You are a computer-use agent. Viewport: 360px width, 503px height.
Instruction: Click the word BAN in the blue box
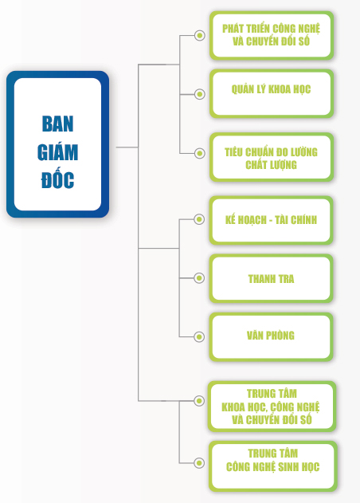(57, 124)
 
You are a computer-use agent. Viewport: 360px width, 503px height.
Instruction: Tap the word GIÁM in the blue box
(57, 152)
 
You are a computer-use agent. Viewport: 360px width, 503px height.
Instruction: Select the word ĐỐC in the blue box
(57, 179)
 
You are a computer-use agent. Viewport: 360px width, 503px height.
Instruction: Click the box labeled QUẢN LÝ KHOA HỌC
(272, 94)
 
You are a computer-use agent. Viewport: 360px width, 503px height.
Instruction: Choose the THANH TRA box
(271, 278)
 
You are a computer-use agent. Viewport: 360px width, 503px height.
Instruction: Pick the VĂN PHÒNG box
(271, 337)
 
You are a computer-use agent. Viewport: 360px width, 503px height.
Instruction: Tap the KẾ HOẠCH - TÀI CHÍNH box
(271, 220)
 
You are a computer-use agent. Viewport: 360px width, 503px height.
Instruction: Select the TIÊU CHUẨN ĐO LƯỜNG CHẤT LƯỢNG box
(272, 157)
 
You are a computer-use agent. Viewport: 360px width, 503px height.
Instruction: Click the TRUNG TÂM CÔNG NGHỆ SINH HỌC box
(272, 466)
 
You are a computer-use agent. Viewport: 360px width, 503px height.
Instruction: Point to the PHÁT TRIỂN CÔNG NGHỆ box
(272, 35)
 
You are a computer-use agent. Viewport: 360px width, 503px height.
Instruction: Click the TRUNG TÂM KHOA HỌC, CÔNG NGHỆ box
(272, 407)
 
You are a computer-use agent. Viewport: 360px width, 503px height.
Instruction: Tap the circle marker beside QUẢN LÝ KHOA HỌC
(200, 94)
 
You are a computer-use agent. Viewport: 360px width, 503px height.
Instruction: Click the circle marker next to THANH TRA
(199, 277)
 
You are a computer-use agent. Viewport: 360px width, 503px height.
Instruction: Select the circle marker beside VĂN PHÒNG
(199, 337)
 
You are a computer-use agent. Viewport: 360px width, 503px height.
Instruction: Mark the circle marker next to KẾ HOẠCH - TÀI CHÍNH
(199, 219)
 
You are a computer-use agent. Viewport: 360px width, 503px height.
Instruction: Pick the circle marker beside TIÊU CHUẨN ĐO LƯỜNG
(200, 153)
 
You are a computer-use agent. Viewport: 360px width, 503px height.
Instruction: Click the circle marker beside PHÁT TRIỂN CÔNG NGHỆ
(200, 35)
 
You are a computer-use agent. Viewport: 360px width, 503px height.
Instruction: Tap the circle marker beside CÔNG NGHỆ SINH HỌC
(199, 462)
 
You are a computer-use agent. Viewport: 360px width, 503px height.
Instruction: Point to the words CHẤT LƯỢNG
(272, 165)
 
